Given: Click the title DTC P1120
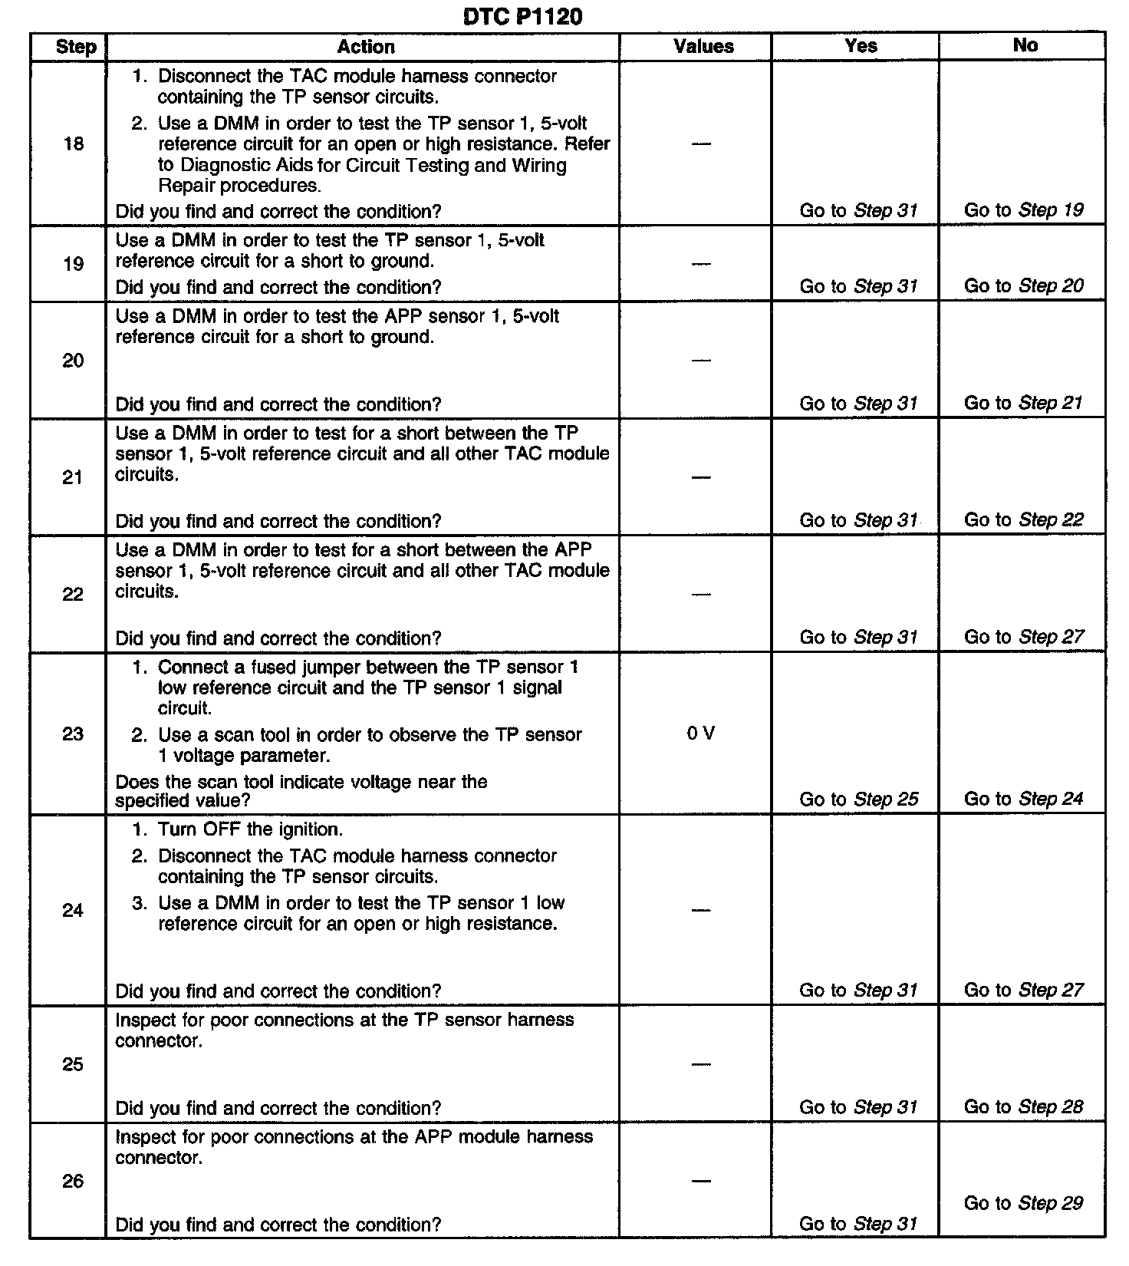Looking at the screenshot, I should click(522, 16).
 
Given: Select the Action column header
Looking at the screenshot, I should click(366, 47).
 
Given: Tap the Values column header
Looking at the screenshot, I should click(703, 47).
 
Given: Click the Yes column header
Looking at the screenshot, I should click(861, 46).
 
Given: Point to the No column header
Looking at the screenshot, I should click(1025, 45).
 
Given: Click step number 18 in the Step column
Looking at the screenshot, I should click(74, 143).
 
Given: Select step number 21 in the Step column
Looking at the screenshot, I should click(73, 477).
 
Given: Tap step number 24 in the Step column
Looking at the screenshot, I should click(73, 910).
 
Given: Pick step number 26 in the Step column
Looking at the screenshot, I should click(73, 1181).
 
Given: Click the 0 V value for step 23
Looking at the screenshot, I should click(701, 734).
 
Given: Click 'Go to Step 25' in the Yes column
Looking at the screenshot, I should click(858, 799).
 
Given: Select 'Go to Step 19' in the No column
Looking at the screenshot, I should click(1023, 210).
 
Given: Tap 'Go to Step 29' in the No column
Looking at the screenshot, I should click(1023, 1202).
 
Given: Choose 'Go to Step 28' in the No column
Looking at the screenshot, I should click(1023, 1106).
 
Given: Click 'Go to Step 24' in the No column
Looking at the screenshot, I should click(1023, 799).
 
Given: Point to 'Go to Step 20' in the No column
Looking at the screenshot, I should click(1023, 286).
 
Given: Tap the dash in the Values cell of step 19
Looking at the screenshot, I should click(701, 264).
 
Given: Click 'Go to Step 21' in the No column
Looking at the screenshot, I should click(1023, 403).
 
